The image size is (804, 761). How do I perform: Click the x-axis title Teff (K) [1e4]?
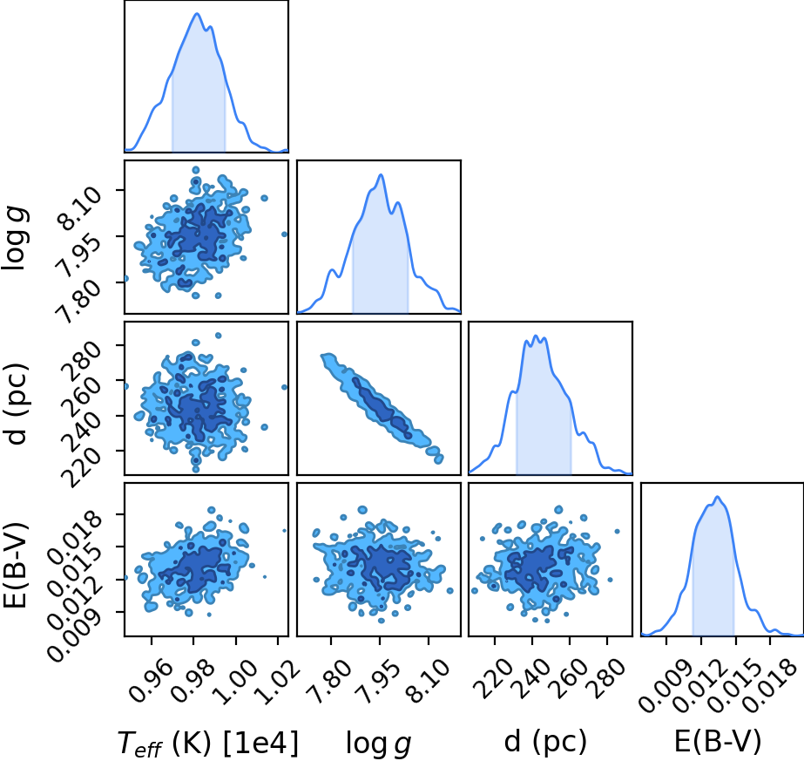click(x=207, y=743)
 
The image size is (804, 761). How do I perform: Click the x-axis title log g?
click(x=379, y=743)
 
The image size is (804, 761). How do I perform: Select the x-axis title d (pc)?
click(x=545, y=742)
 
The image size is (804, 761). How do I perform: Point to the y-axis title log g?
click(x=16, y=238)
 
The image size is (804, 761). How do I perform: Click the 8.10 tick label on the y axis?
click(x=79, y=207)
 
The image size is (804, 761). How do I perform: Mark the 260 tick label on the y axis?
click(x=80, y=397)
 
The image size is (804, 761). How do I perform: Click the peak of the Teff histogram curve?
click(x=197, y=13)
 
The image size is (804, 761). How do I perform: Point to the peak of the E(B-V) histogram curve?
click(x=718, y=496)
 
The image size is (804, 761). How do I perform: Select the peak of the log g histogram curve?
click(x=381, y=174)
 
